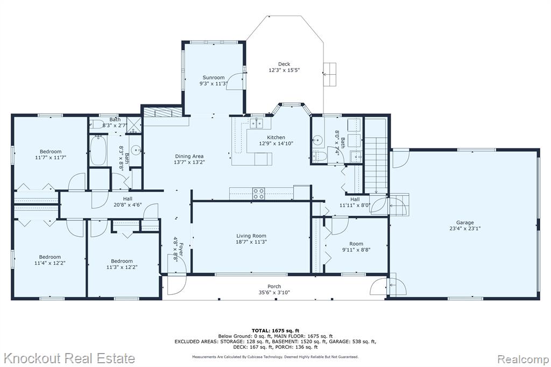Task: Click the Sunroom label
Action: (213, 77)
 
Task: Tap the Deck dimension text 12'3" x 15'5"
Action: (284, 70)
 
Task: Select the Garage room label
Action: (465, 222)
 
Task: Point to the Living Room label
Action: (251, 236)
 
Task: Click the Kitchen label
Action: (276, 137)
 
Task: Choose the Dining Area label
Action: (189, 156)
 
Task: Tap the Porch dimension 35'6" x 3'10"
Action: (274, 293)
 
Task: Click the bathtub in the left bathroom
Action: (99, 150)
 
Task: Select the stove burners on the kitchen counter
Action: (259, 194)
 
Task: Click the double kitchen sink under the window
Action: (257, 123)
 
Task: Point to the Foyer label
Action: (181, 249)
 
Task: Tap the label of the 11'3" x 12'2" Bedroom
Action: (122, 261)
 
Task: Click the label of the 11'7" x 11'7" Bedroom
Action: (51, 152)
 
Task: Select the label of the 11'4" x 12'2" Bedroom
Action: (50, 257)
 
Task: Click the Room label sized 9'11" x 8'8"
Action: (356, 244)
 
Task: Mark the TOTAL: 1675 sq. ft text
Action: (275, 330)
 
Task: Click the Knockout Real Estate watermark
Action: (69, 358)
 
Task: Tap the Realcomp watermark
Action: (523, 359)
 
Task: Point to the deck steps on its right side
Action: (330, 74)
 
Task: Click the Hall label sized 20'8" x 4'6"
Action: (128, 199)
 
